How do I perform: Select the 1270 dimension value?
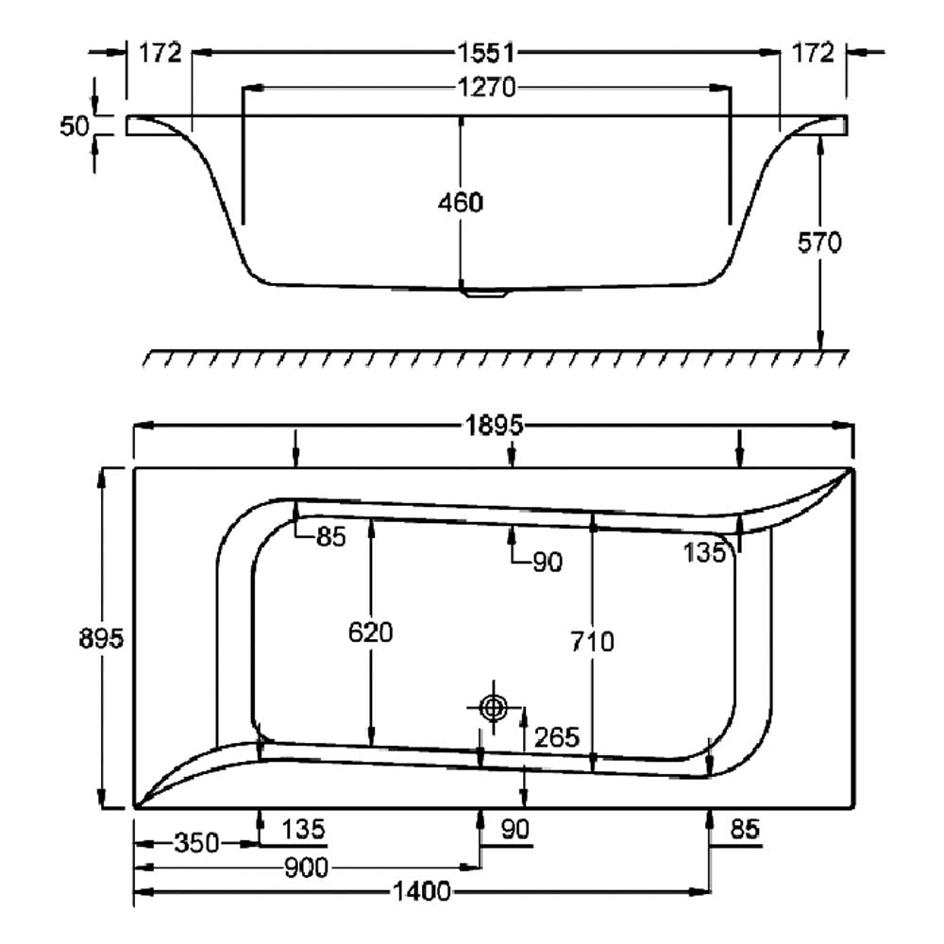tap(487, 88)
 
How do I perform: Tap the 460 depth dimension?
tap(461, 202)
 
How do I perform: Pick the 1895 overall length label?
tap(492, 426)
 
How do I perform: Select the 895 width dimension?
tap(102, 639)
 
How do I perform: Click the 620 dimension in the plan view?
tap(370, 632)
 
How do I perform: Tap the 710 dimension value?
tap(593, 642)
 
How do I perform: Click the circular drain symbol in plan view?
tap(492, 708)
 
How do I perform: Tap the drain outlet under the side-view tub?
tap(484, 294)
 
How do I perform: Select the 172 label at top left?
tap(160, 53)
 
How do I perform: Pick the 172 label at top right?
tap(814, 53)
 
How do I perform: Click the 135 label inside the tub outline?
tap(705, 553)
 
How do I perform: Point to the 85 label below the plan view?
tap(745, 830)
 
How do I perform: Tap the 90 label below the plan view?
tap(515, 830)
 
